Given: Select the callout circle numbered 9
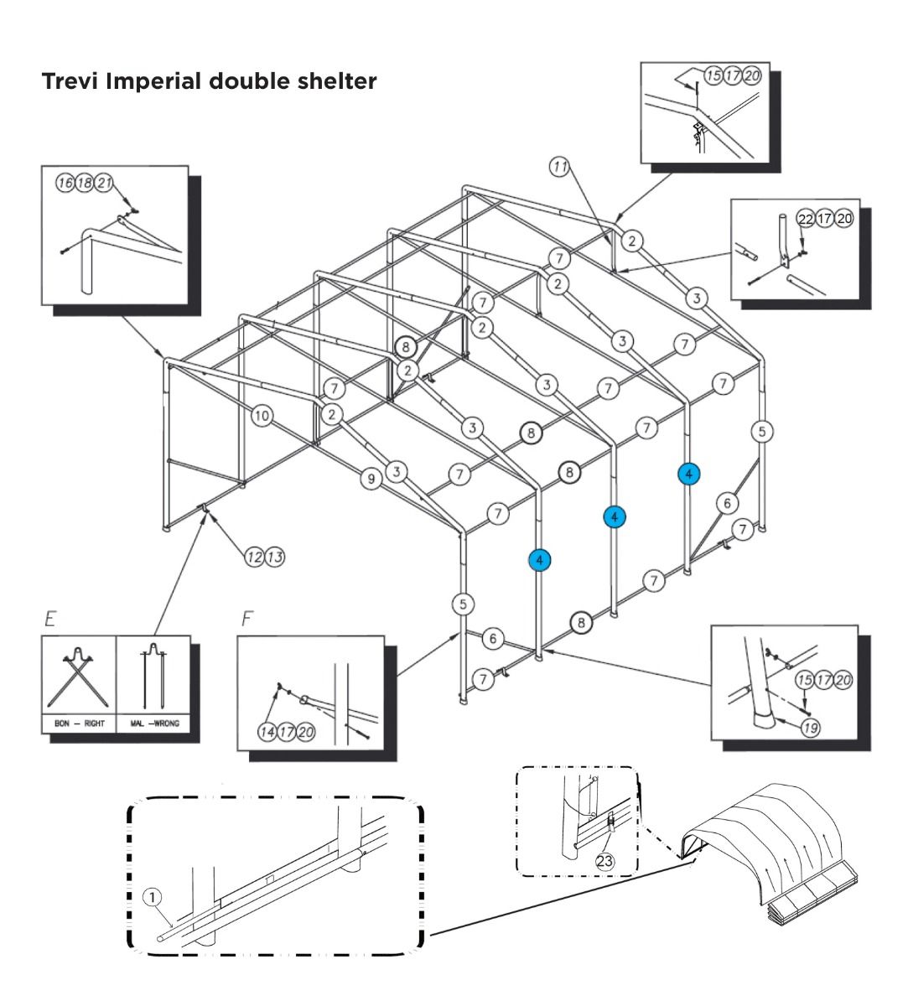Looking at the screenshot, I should click(x=371, y=479).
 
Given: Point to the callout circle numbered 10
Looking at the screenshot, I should click(x=262, y=415).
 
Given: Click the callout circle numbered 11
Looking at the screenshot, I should click(x=559, y=166).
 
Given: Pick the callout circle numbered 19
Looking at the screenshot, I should click(x=810, y=728).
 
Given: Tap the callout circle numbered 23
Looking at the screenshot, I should click(x=604, y=860).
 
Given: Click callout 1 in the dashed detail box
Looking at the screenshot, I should click(x=152, y=898).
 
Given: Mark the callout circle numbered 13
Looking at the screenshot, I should click(x=274, y=556).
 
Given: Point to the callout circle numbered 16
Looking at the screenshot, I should click(x=65, y=184).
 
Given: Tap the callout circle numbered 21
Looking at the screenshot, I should click(x=104, y=184).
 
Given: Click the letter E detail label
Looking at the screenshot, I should click(x=50, y=620).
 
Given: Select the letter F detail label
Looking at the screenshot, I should click(x=246, y=620).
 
